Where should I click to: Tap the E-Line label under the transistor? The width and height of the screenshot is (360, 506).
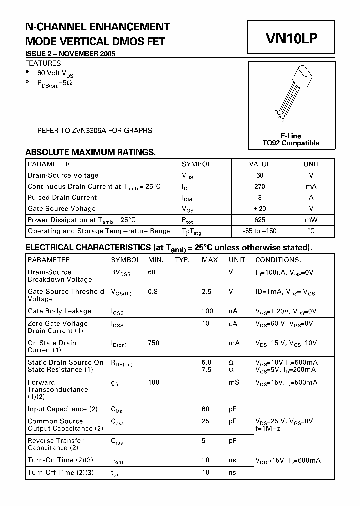[290, 135]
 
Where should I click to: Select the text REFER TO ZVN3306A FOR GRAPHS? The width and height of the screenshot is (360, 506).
[95, 131]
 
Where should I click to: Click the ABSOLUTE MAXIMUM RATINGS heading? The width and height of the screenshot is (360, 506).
[90, 152]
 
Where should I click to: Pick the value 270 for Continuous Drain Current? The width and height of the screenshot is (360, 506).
[260, 186]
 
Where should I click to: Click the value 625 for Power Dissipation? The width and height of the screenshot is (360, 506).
[260, 220]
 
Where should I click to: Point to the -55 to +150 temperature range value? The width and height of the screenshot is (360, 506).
[260, 231]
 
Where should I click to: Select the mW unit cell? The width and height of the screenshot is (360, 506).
[311, 220]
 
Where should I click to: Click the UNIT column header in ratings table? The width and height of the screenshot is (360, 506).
[311, 164]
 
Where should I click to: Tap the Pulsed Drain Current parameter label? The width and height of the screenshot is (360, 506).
[62, 198]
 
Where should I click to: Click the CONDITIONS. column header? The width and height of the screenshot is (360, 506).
[278, 260]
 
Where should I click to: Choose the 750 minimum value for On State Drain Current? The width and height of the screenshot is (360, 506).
[154, 343]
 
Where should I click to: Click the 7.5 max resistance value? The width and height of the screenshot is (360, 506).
[206, 370]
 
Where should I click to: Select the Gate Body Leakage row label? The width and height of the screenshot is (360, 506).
[59, 311]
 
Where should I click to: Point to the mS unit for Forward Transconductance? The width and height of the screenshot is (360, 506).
[234, 382]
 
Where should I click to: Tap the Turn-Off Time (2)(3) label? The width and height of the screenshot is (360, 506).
[60, 472]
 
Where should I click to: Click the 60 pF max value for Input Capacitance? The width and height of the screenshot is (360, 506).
[205, 409]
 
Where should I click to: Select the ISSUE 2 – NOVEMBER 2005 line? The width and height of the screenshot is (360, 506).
[70, 54]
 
